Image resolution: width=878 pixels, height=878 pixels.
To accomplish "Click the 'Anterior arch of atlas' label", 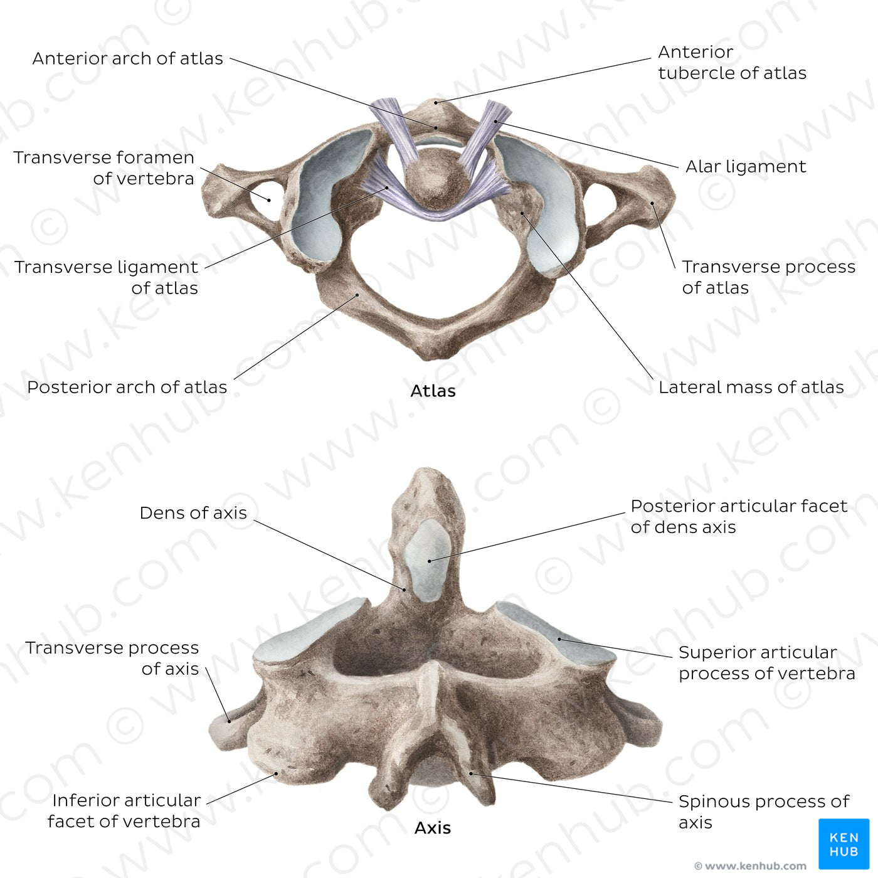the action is [127, 59].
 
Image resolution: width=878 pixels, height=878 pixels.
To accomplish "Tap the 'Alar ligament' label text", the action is [746, 167].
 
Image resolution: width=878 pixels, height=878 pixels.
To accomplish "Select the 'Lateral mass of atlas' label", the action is [751, 388].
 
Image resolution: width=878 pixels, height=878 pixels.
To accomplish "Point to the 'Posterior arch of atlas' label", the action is [127, 388].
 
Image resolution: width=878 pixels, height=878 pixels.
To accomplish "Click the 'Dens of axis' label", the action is [193, 513].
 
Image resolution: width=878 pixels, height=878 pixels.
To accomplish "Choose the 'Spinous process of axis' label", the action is [764, 812].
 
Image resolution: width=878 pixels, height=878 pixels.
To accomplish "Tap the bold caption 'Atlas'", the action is [433, 391].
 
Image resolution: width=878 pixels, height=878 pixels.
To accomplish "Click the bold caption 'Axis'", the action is [432, 828].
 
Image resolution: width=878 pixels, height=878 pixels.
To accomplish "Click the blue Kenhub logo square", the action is [844, 844].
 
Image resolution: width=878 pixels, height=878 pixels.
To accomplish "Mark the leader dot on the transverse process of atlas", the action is [652, 203].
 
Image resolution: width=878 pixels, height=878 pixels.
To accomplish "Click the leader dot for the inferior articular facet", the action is [276, 774].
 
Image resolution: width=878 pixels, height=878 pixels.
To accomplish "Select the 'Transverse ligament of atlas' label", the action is [106, 277].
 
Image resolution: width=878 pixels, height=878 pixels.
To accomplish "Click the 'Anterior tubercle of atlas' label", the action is [733, 63].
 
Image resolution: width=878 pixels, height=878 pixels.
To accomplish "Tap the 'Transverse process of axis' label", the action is [112, 658].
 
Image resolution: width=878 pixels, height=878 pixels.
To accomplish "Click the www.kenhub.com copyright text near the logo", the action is [750, 865].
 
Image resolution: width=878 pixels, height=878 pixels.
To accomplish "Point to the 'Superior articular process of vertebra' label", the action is [767, 663].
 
